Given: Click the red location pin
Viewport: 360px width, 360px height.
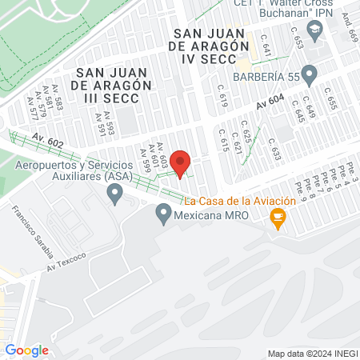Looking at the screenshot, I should (x=180, y=164).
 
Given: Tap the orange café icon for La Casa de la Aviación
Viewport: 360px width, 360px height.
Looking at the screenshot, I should (x=278, y=217).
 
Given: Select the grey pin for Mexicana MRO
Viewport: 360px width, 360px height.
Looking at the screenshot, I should (x=164, y=214).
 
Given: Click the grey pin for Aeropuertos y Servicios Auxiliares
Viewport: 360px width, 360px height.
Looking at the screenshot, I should (x=115, y=192).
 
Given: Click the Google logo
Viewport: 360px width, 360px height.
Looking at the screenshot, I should (x=26, y=350).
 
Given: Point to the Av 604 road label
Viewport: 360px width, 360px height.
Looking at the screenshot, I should (x=271, y=104).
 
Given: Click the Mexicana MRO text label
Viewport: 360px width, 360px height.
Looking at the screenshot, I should (x=210, y=215).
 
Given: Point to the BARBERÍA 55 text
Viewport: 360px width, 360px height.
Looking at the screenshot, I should (x=264, y=76).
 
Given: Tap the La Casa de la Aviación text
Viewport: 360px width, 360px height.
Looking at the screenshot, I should (x=240, y=201).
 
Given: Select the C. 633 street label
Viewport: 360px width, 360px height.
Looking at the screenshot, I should (x=275, y=153).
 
